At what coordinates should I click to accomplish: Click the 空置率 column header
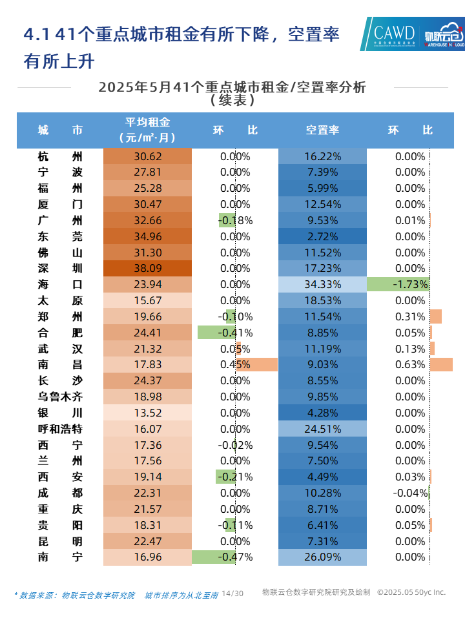322,130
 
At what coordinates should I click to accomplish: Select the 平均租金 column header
147,130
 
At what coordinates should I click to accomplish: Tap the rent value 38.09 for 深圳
147,268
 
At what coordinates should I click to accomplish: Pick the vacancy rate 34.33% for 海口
322,284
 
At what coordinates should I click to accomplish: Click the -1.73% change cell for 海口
410,284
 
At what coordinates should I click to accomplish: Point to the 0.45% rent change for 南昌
236,364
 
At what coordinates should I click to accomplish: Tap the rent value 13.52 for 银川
147,413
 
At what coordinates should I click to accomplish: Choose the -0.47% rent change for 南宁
236,557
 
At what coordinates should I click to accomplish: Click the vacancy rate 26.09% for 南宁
322,557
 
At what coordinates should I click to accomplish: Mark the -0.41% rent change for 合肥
236,333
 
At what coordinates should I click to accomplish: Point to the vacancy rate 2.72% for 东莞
322,236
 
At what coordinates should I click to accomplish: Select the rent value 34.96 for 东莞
147,236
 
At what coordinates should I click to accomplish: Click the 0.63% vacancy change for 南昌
410,364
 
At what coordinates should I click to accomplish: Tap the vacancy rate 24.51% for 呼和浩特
322,429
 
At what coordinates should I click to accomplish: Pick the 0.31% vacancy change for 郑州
410,316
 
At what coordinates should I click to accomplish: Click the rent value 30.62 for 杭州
147,156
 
